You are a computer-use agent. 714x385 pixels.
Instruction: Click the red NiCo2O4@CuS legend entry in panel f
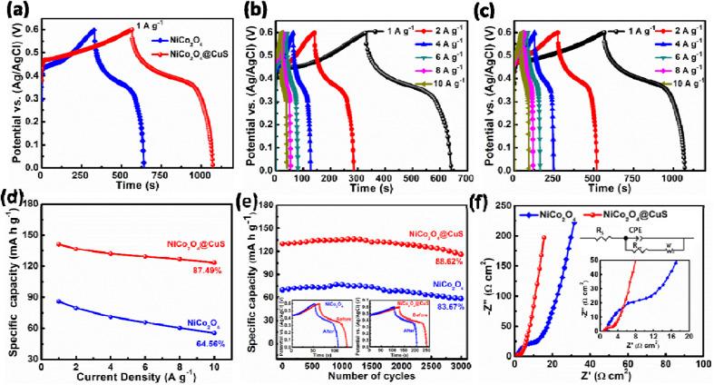point(629,214)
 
